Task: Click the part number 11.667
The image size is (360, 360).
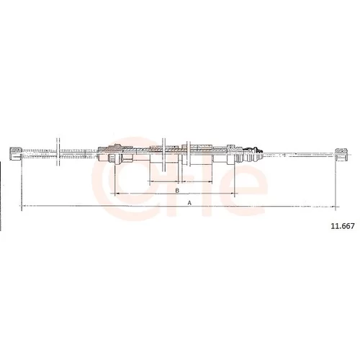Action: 343,226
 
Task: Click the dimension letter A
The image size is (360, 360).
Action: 189,203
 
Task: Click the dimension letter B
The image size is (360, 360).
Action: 177,191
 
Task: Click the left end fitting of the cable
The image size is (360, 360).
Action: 16,153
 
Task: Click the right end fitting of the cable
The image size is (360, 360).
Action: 341,154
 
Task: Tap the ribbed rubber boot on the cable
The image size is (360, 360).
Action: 253,154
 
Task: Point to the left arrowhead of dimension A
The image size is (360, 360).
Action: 24,206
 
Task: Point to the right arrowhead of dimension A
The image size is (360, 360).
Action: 333,206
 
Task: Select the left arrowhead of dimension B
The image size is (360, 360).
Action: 117,194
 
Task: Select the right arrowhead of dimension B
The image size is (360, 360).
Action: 232,194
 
